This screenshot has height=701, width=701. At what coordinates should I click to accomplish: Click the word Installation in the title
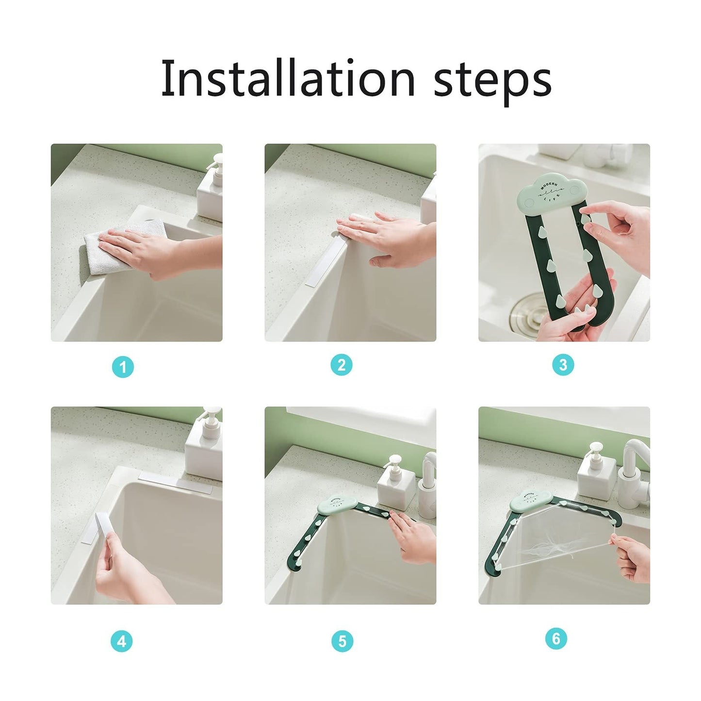(288, 78)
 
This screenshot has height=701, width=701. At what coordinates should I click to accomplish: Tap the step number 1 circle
(123, 367)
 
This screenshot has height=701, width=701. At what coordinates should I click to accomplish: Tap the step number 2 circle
(341, 365)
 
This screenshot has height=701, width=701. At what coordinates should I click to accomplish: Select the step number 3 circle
(563, 365)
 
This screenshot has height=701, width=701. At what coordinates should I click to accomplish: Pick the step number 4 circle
(121, 641)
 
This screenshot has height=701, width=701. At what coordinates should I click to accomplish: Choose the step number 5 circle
(342, 641)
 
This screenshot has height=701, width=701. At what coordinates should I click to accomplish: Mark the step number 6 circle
(556, 638)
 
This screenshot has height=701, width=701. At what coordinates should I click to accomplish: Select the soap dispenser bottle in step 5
(395, 483)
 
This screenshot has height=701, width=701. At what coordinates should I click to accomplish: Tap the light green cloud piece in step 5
(337, 505)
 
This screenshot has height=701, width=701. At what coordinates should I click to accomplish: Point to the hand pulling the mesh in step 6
(631, 558)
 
